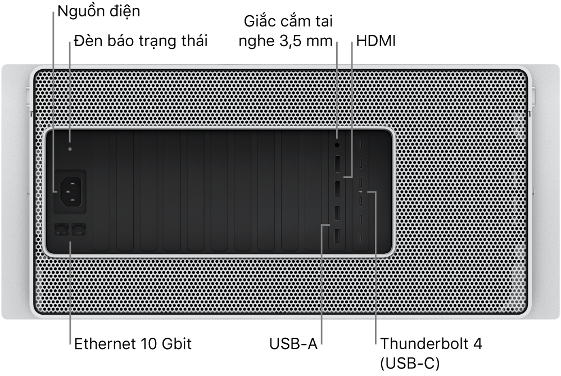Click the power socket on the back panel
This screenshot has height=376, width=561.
70,191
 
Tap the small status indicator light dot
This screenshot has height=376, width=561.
70,149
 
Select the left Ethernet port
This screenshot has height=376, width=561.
61,229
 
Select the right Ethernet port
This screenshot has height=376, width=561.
79,229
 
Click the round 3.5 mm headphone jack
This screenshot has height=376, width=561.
337,145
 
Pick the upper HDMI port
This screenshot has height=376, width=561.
337,165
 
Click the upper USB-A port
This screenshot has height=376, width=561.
337,214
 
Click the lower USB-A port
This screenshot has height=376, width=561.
337,237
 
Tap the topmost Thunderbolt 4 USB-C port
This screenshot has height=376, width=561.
361,145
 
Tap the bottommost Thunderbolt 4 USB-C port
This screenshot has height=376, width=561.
361,239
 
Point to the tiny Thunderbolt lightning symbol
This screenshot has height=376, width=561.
361,193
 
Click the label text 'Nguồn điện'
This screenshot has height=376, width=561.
99,11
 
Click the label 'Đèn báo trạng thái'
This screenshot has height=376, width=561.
141,41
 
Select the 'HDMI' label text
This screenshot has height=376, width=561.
376,41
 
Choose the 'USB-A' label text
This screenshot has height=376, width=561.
293,344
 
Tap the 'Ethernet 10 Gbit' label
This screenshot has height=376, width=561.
133,344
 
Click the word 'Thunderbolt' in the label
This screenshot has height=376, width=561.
425,344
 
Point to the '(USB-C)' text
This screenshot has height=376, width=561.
410,364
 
